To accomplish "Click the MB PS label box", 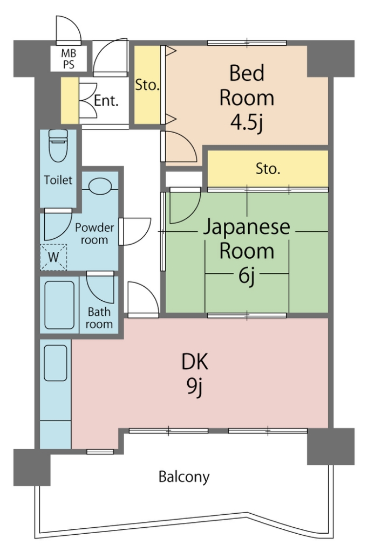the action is point(69,59).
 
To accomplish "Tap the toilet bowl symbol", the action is point(58,146).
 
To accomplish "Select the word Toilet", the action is point(58,180).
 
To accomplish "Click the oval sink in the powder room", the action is point(100,185).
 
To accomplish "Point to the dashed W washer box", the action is point(53,257).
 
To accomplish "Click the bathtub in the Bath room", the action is point(59,305).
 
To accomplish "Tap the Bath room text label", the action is point(99,318).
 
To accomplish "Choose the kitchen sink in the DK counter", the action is point(56,363).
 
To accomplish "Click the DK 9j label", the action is point(195,375).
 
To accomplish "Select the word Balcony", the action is point(184,477).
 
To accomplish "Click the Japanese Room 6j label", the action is point(247,251).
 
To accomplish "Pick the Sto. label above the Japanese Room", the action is point(268,169).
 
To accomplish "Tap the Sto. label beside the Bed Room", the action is point(147,85).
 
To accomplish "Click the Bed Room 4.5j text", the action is point(247,98).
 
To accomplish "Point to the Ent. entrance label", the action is point(106,101).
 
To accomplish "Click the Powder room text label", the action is point(94,234).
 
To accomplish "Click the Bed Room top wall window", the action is point(247,43).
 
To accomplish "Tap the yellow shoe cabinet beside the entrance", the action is point(70,101).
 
